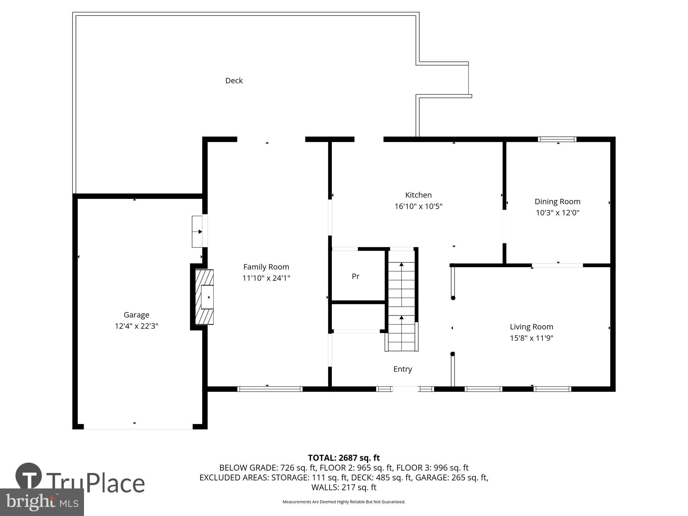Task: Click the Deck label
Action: click(x=234, y=81)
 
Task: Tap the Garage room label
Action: click(x=136, y=315)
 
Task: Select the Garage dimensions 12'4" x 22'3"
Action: click(x=136, y=326)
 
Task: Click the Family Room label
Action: click(x=266, y=267)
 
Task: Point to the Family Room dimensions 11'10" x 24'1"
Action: click(x=266, y=278)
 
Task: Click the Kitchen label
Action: click(x=418, y=195)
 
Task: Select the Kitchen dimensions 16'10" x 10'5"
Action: click(x=418, y=206)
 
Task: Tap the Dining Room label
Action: click(x=557, y=202)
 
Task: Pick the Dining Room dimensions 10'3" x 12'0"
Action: click(x=557, y=213)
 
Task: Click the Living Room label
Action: click(x=531, y=327)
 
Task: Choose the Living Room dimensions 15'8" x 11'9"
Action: click(x=531, y=338)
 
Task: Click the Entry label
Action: click(x=402, y=369)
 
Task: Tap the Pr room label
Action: click(x=355, y=276)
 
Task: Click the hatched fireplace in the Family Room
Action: click(x=204, y=297)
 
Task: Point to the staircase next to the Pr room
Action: click(x=401, y=300)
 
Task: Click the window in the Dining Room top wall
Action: click(x=557, y=139)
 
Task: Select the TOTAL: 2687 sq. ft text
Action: click(x=344, y=458)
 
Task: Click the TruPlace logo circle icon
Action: click(x=29, y=476)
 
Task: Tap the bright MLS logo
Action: click(x=42, y=502)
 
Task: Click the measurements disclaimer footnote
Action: click(x=344, y=502)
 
